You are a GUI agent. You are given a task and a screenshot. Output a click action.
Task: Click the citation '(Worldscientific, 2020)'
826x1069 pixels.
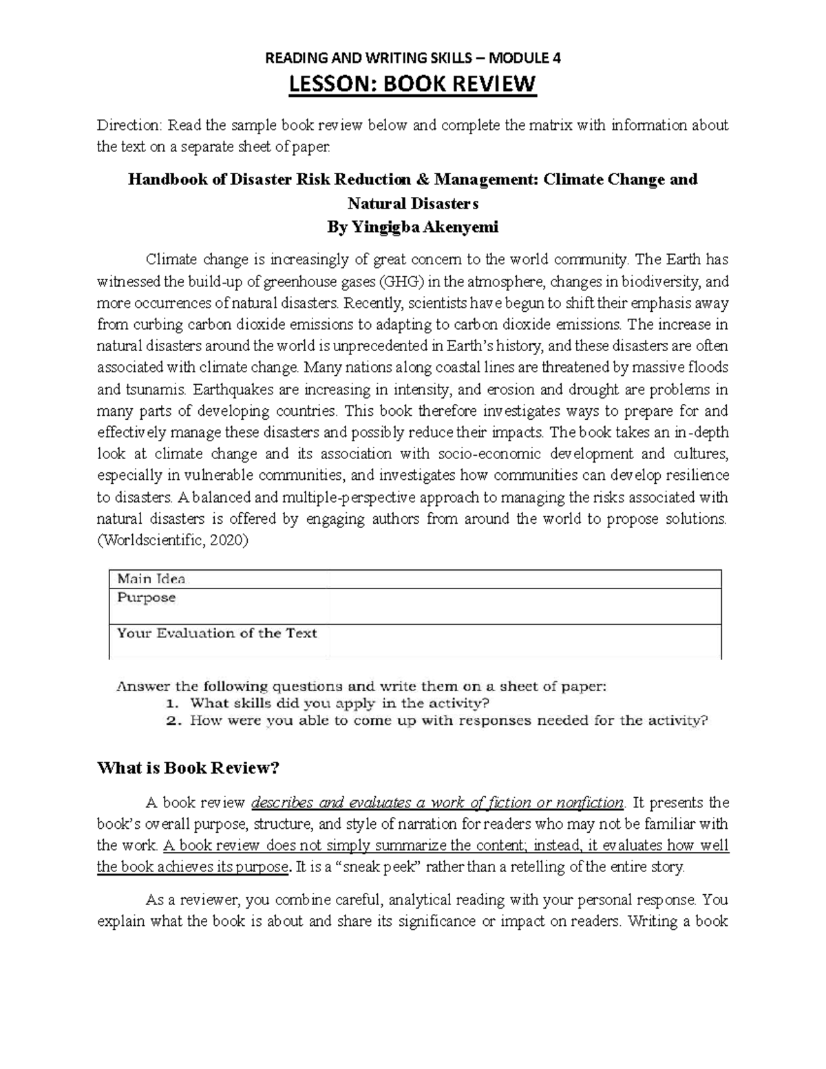[x=172, y=540]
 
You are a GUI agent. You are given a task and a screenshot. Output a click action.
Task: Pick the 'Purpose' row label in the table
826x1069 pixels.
[x=146, y=597]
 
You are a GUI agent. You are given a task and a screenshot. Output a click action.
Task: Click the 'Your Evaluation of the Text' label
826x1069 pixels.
[x=217, y=633]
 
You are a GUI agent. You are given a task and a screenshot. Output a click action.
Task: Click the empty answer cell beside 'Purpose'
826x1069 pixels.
[x=525, y=606]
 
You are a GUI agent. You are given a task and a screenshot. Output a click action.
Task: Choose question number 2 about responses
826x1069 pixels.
[x=448, y=721]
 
